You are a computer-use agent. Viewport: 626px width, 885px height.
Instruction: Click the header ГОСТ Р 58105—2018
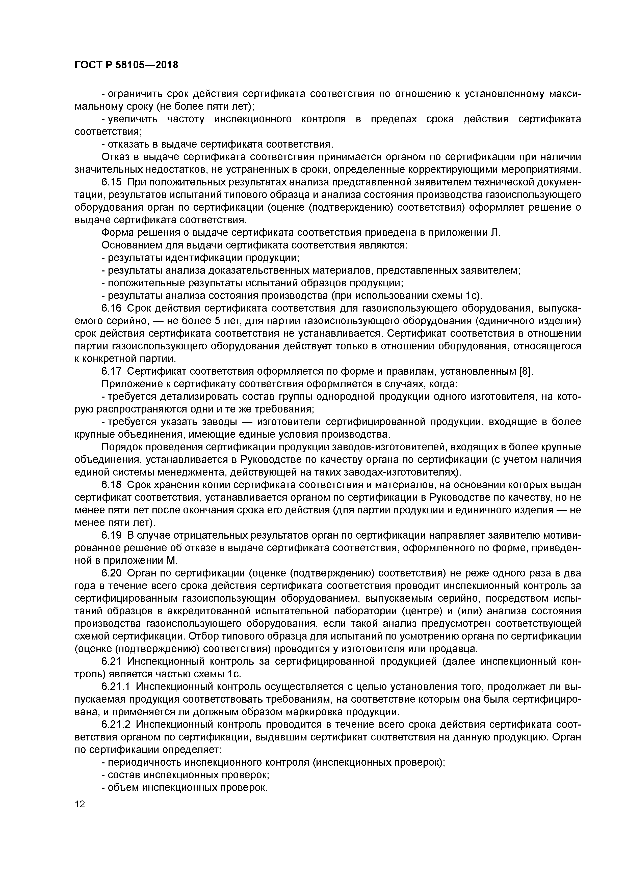[x=126, y=65]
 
